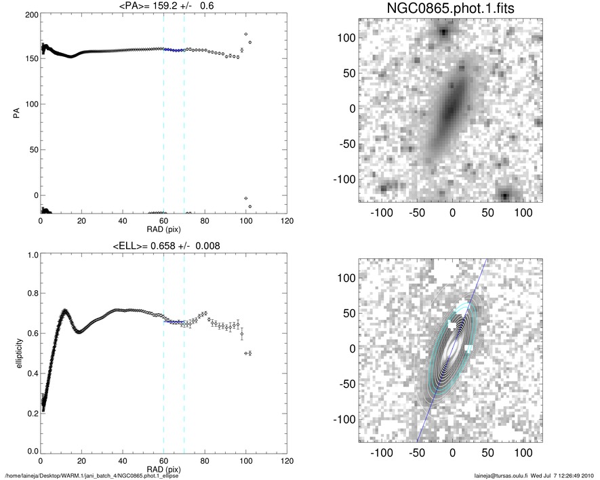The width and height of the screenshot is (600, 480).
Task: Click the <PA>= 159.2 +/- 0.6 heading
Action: pyautogui.click(x=164, y=7)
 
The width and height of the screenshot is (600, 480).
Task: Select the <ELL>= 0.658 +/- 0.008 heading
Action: pyautogui.click(x=164, y=245)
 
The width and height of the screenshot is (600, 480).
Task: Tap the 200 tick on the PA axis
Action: pyautogui.click(x=30, y=14)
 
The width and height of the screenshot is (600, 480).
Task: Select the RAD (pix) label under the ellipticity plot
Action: pyautogui.click(x=164, y=469)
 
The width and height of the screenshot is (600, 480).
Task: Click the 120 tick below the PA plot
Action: pyautogui.click(x=287, y=222)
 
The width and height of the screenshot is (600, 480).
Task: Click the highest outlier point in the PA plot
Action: pyautogui.click(x=245, y=34)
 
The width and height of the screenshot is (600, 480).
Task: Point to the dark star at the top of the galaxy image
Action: pyautogui.click(x=443, y=32)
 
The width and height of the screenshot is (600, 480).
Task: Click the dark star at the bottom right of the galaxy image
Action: pyautogui.click(x=505, y=196)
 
